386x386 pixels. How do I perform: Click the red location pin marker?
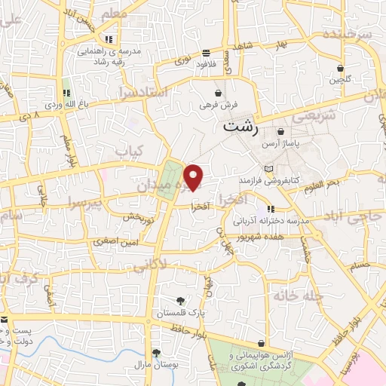(195, 177)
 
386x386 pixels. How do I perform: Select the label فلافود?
(206, 65)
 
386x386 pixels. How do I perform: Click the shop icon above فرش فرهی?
(219, 93)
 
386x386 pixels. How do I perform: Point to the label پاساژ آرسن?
(280, 142)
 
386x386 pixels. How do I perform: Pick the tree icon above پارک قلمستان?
(180, 302)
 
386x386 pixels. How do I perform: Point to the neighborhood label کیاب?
(128, 153)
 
